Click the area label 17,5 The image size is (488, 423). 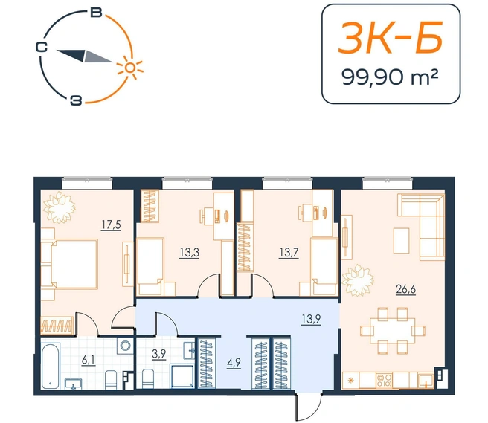click(111, 225)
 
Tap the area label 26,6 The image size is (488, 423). click(406, 290)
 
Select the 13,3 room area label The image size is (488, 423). click(189, 253)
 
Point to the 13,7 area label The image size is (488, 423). click(289, 253)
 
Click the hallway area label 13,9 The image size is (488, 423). click(311, 319)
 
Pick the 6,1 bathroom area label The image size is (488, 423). click(88, 361)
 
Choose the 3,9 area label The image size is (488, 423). click(158, 355)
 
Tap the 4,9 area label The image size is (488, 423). click(234, 363)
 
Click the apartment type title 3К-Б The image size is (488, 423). click(391, 38)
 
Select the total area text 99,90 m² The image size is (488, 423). click(391, 77)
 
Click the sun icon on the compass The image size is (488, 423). click(130, 68)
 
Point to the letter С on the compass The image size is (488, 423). click(41, 48)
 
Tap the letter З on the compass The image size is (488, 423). click(76, 101)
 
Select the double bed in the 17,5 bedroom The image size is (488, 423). click(74, 265)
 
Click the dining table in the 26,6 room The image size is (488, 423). click(393, 331)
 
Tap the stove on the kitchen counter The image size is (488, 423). click(384, 380)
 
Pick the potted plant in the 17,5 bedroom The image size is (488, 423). click(60, 207)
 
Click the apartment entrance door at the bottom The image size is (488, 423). click(309, 407)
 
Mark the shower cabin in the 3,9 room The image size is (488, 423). click(183, 376)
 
